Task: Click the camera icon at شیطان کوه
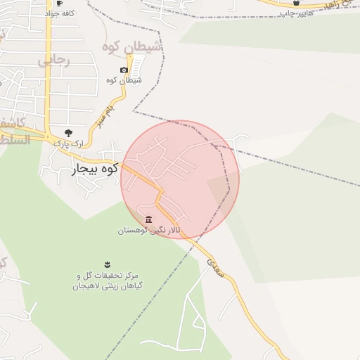(124, 70)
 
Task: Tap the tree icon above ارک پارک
(68, 132)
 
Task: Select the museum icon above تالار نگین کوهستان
(148, 219)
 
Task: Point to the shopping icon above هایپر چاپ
(295, 3)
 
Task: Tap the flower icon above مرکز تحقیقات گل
(107, 264)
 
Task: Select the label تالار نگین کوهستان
(149, 230)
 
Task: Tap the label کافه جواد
(60, 13)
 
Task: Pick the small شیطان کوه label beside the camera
(127, 80)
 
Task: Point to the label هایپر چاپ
(296, 13)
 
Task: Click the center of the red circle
(180, 179)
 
